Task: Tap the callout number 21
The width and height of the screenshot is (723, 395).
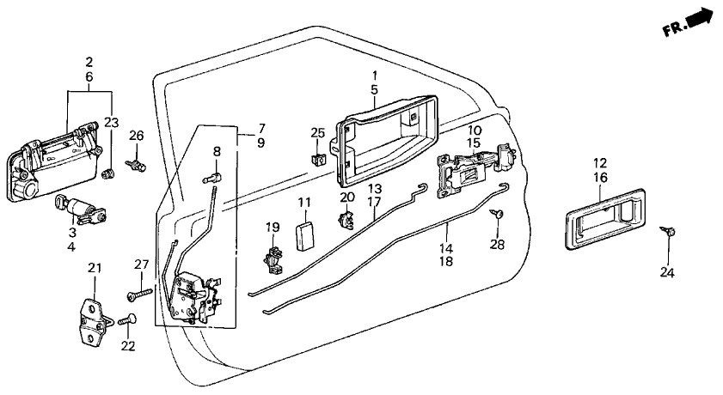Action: [94, 270]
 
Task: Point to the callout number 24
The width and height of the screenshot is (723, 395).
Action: [667, 274]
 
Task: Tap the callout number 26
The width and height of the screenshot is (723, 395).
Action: [135, 135]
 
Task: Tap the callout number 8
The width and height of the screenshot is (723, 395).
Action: [217, 150]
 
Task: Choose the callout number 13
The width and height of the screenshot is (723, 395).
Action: [375, 188]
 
